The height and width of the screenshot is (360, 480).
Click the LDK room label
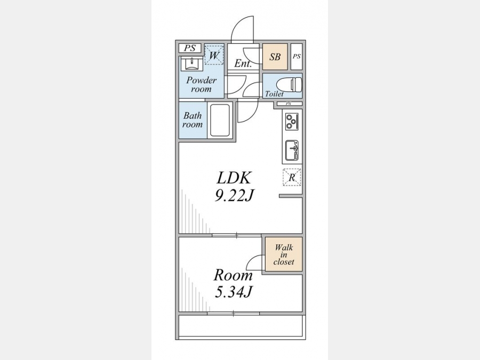(x=234, y=178)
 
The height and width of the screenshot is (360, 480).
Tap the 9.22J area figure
(x=234, y=195)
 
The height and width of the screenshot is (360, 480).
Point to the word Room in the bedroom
(x=233, y=275)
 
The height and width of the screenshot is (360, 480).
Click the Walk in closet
(x=284, y=254)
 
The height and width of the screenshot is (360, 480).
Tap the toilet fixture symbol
(x=289, y=84)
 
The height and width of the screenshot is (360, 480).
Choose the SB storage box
(x=275, y=57)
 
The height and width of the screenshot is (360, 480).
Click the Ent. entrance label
(x=243, y=63)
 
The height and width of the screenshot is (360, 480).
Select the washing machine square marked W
(x=214, y=55)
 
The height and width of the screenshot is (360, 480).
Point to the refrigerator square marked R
(x=292, y=177)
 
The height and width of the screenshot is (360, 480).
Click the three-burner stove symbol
(x=292, y=121)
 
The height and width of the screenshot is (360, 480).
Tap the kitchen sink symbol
(x=292, y=150)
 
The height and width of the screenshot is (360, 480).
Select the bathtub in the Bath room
(x=220, y=121)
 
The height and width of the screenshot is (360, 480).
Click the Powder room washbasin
(x=192, y=63)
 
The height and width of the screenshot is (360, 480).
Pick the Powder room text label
(x=201, y=84)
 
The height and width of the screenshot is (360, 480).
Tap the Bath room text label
(x=193, y=120)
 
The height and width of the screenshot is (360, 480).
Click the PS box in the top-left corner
(x=190, y=48)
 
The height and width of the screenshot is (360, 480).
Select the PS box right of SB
(x=297, y=57)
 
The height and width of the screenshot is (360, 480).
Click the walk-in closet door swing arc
(x=252, y=260)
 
